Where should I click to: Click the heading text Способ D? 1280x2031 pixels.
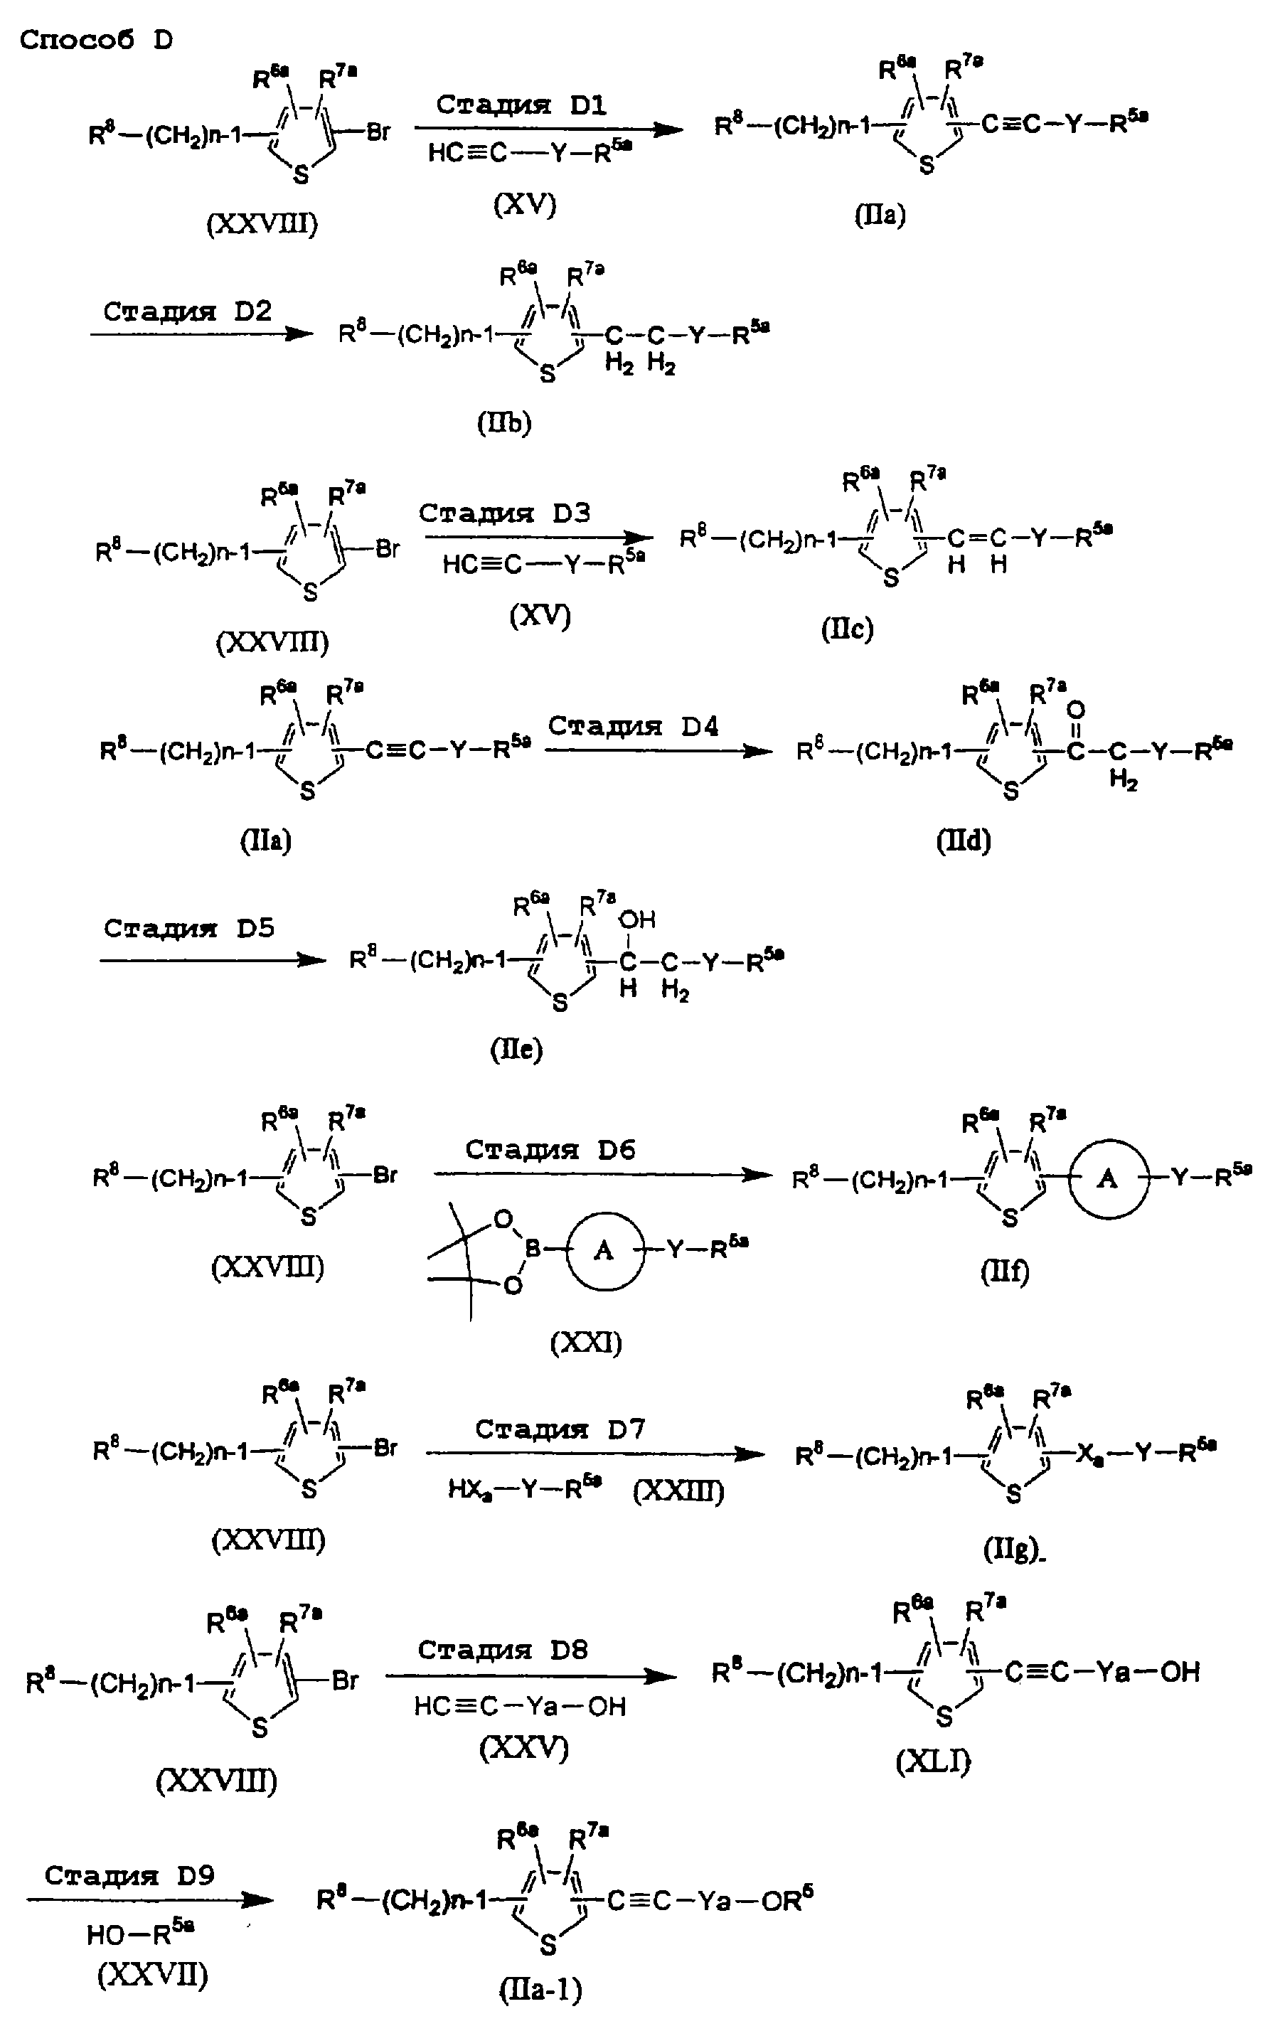tap(96, 40)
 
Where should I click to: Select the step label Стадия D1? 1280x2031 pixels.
tap(521, 105)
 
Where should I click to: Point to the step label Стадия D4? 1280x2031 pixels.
tap(634, 726)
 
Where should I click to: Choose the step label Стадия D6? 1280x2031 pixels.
tap(550, 1150)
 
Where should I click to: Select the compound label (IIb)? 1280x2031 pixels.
tap(504, 422)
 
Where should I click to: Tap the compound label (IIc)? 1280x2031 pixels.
tap(848, 629)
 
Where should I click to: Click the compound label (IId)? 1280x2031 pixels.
tap(964, 840)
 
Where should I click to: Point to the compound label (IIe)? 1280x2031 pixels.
tap(516, 1049)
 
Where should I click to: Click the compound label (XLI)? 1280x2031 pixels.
tap(934, 1760)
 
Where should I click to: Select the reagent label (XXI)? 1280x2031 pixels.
tap(586, 1343)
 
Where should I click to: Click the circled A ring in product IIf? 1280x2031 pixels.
tap(1108, 1179)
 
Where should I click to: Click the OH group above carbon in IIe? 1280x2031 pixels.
tap(636, 919)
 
